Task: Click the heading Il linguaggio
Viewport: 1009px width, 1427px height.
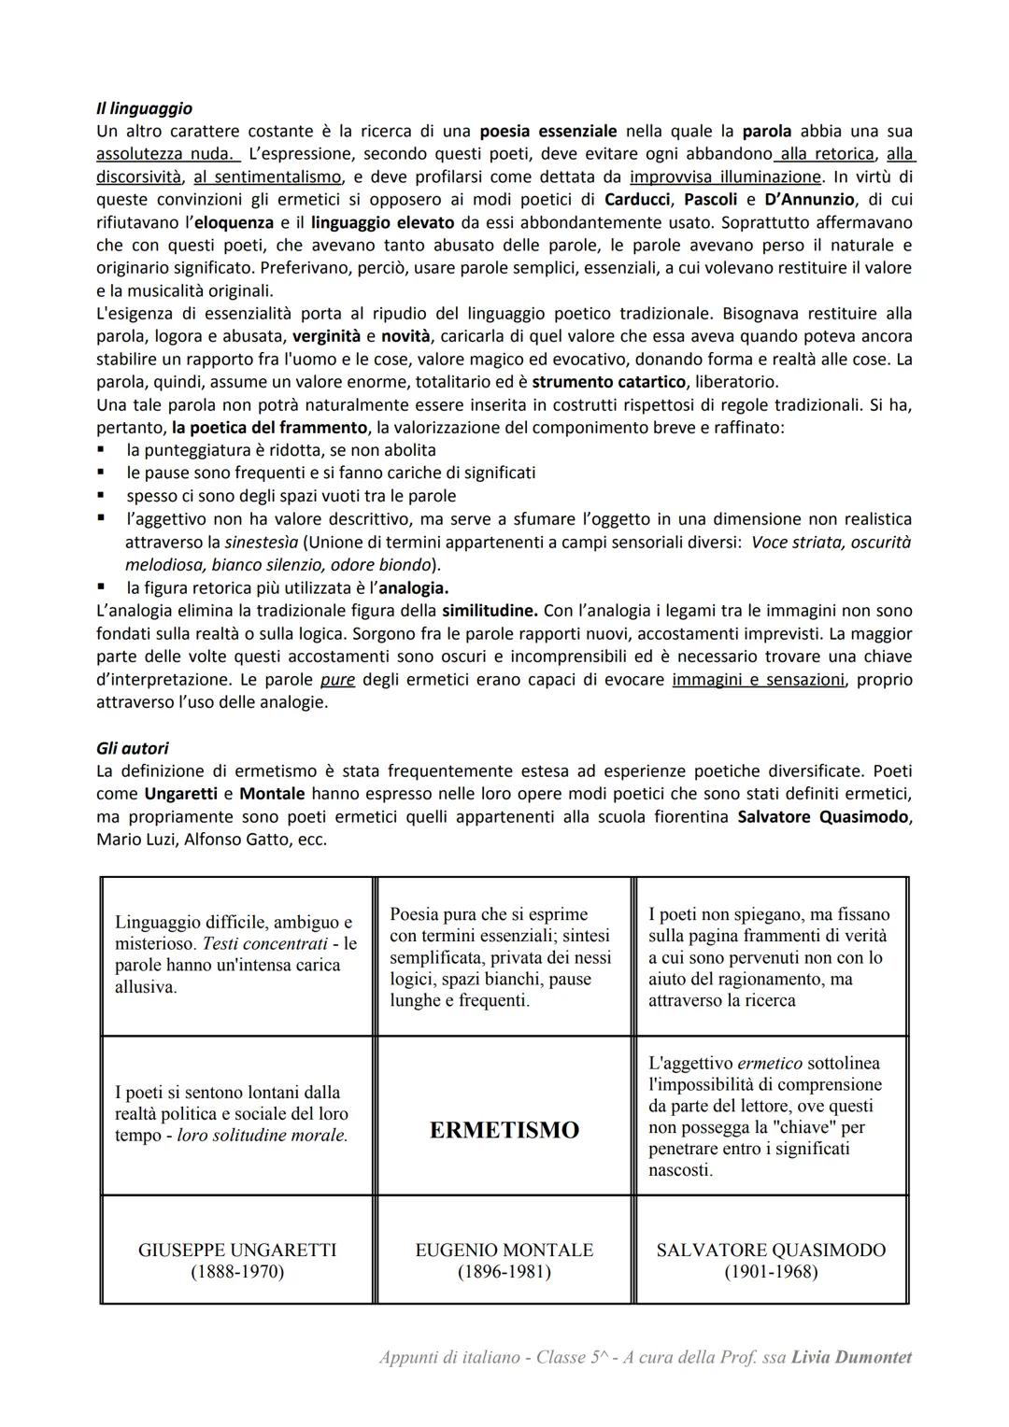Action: pos(144,108)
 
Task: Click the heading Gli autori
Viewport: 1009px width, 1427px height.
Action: pos(132,748)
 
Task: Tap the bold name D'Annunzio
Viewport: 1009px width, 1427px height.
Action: pos(811,200)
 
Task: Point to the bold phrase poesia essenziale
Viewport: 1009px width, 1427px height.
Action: pos(547,131)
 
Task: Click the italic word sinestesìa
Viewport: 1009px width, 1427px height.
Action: pos(262,542)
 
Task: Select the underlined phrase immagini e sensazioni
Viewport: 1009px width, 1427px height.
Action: pos(758,680)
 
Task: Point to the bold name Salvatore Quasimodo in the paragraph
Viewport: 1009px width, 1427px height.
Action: pos(824,817)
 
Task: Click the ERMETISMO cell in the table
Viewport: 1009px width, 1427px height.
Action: pos(504,1130)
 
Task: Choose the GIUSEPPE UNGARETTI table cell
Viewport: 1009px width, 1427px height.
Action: pos(237,1250)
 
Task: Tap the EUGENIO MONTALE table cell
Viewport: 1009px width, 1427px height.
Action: pos(504,1250)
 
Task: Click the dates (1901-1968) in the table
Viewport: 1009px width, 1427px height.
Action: pos(771,1272)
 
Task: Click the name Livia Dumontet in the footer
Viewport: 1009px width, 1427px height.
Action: pos(851,1358)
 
